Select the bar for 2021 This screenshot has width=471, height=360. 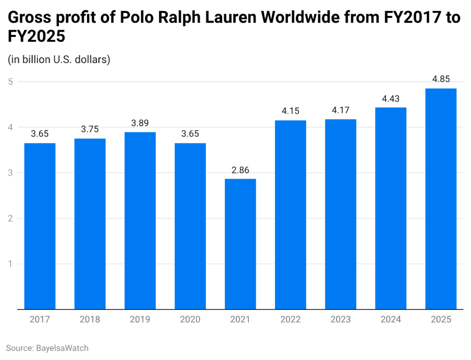(x=240, y=244)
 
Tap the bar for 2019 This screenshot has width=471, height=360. (x=140, y=221)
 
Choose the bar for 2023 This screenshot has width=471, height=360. (x=340, y=214)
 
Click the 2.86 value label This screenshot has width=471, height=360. (x=240, y=170)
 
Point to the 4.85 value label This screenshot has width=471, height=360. (x=441, y=80)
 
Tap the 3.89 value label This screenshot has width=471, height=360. (x=140, y=123)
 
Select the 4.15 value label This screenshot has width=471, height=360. (x=290, y=111)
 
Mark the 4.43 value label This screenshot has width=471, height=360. (x=391, y=99)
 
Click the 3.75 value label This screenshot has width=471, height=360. (x=90, y=130)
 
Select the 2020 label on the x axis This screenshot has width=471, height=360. (x=190, y=320)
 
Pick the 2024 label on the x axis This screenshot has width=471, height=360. (x=391, y=320)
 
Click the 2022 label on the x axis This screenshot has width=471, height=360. (x=290, y=320)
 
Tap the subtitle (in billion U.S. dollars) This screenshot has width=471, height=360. (x=58, y=60)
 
